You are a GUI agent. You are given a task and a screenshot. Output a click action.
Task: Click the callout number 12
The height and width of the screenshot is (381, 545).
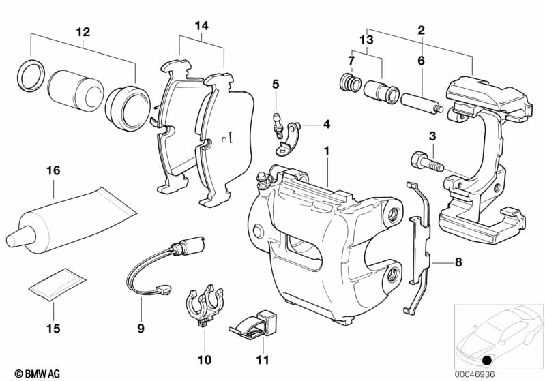tap(83, 31)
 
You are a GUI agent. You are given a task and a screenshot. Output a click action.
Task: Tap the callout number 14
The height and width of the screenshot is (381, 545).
tap(201, 26)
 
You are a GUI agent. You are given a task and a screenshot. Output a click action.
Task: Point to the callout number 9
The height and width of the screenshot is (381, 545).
tap(141, 329)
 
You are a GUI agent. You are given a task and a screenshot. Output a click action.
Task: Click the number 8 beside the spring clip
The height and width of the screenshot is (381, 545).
tap(458, 261)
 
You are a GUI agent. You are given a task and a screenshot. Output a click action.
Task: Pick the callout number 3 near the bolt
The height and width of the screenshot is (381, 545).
tap(431, 137)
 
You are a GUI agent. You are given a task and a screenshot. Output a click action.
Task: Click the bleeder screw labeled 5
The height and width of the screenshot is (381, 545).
tap(276, 121)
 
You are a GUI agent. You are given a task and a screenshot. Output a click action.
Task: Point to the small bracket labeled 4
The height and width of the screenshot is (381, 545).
tap(294, 132)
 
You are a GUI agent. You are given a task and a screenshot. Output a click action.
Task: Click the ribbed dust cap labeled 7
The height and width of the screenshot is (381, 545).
tap(350, 85)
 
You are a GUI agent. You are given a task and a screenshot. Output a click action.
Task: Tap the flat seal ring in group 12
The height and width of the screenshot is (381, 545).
tap(30, 74)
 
